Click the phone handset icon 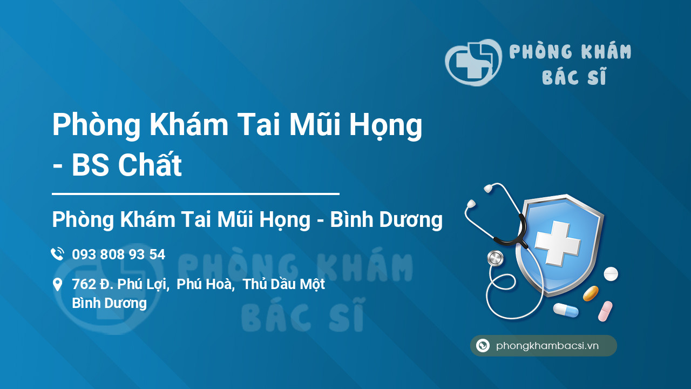(x=57, y=254)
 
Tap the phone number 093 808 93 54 (x=118, y=254)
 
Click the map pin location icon (x=57, y=284)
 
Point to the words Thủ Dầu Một (x=284, y=284)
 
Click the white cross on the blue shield (x=558, y=243)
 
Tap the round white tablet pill (x=611, y=274)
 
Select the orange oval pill (x=591, y=293)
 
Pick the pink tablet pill (x=605, y=311)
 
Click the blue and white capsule (x=566, y=310)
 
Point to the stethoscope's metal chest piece (x=496, y=258)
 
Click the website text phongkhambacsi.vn (x=547, y=346)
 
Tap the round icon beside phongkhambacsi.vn (x=483, y=345)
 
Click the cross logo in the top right (x=473, y=62)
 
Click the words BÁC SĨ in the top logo (x=574, y=76)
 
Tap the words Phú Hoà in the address (x=204, y=284)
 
